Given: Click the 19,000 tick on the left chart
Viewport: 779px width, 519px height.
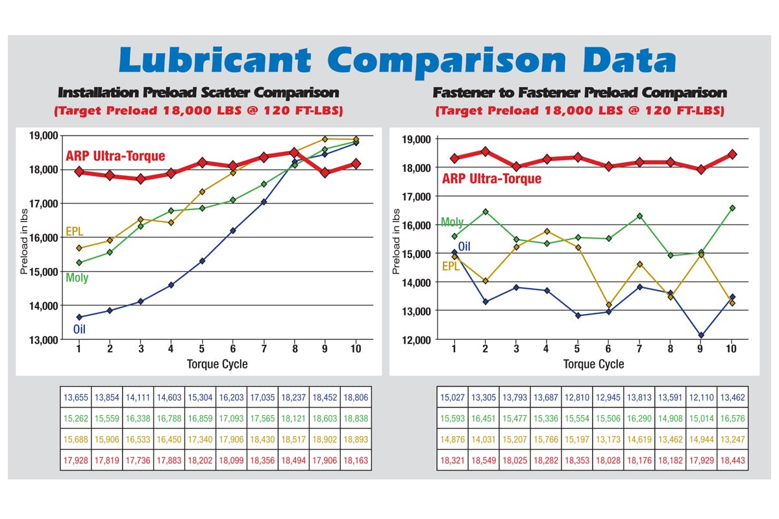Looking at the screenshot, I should click(43, 136).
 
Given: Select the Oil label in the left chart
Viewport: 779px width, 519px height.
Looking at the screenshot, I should click(79, 329).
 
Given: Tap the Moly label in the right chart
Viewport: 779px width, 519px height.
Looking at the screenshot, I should click(452, 222).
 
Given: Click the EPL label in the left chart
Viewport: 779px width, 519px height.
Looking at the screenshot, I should click(75, 232).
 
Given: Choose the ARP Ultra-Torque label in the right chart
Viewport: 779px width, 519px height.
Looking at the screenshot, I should click(491, 179).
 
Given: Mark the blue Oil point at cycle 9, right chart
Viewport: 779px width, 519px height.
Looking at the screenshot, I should click(700, 335).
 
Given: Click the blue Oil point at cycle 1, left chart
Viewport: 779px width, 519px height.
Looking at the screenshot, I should click(79, 317).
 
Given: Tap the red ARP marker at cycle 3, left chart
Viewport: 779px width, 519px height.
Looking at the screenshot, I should click(140, 178).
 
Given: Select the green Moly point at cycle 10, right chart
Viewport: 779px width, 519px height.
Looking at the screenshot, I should click(732, 208).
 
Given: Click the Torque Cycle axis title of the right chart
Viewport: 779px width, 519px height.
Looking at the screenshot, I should click(593, 364).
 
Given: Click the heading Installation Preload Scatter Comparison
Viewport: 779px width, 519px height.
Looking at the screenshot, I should click(199, 93).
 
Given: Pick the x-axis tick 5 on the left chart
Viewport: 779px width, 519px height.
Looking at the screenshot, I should click(202, 349).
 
